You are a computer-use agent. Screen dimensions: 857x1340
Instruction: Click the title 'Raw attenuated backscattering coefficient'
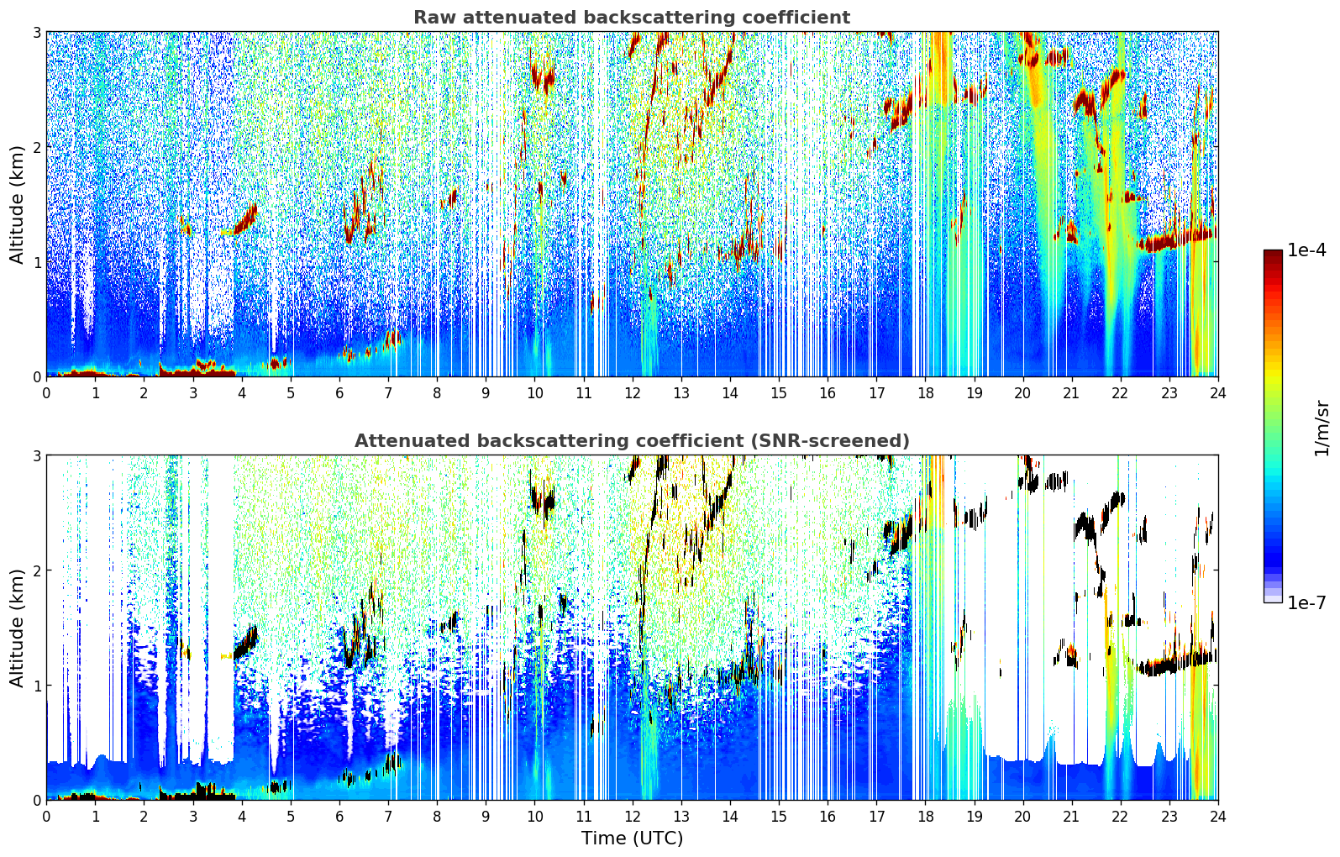click(x=631, y=18)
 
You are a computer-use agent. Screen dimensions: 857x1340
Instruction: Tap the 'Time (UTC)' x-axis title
click(x=632, y=839)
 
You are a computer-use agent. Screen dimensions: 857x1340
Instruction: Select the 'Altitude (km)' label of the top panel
click(x=17, y=204)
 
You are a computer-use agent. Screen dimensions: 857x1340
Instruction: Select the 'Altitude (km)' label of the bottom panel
click(x=17, y=628)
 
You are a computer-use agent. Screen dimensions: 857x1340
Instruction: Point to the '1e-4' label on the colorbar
click(x=1306, y=250)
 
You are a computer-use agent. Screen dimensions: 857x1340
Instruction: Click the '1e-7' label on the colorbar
click(x=1306, y=602)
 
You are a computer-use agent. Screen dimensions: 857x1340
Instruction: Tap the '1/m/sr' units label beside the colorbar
click(x=1322, y=428)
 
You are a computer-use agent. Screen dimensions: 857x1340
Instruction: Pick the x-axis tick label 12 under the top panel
click(x=632, y=393)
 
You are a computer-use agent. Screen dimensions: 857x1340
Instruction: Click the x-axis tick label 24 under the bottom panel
click(x=1217, y=817)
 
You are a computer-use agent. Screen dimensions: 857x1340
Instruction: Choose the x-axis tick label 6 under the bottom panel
click(x=339, y=817)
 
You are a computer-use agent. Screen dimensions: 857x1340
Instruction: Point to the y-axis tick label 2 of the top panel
click(x=37, y=147)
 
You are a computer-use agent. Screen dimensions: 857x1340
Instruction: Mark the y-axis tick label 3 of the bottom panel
click(x=37, y=455)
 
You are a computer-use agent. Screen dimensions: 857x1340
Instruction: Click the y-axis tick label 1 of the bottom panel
click(x=37, y=686)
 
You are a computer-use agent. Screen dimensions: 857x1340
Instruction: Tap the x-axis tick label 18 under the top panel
click(x=925, y=393)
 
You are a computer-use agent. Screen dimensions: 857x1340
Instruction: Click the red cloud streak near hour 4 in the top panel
click(x=246, y=221)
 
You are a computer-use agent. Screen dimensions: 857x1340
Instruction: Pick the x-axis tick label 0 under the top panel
click(x=46, y=393)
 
